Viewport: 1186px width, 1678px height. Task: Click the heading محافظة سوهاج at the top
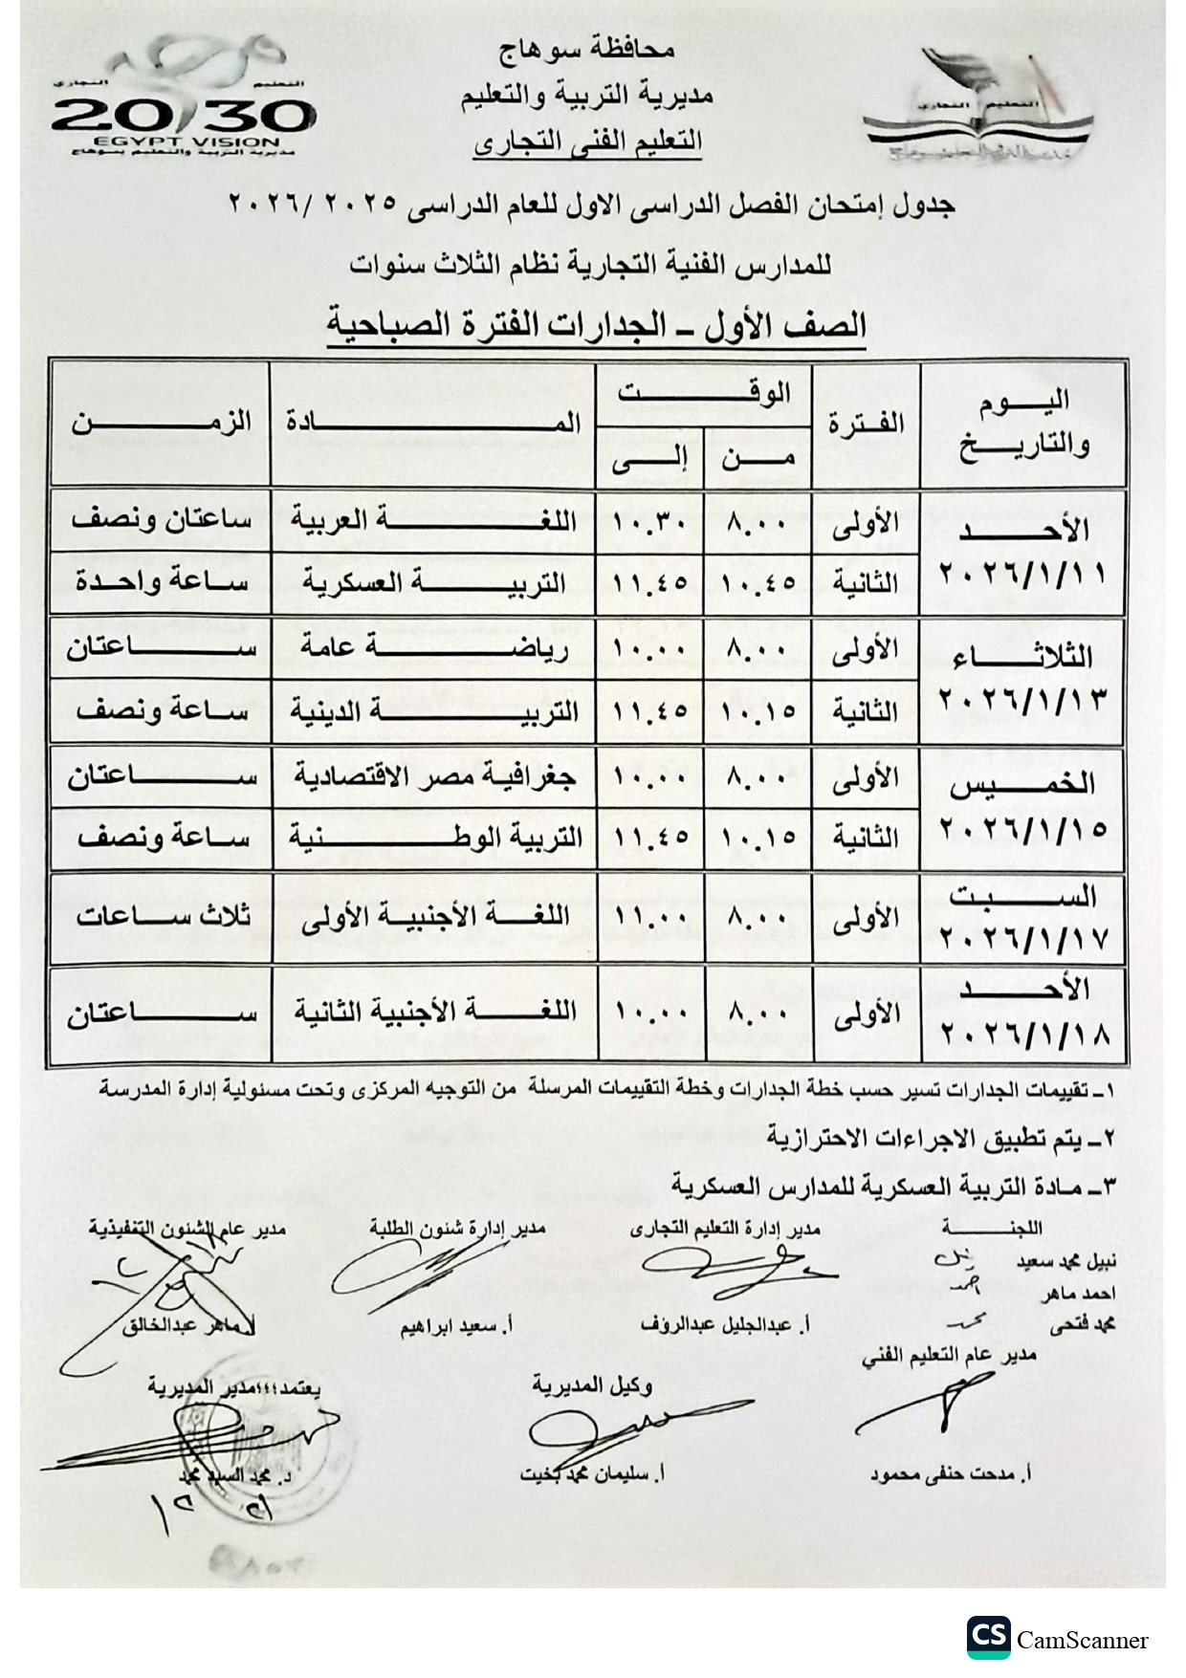pos(587,49)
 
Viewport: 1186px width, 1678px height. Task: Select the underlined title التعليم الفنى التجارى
pos(588,142)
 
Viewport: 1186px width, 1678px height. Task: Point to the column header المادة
pos(433,422)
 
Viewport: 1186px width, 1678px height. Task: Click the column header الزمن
pos(161,422)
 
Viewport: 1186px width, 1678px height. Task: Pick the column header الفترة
pos(866,423)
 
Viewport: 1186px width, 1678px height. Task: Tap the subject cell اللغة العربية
pos(433,521)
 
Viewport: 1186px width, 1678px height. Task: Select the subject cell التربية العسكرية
pos(433,582)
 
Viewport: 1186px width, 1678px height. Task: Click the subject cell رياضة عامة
pos(433,647)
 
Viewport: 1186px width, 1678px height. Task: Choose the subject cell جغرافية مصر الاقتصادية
pos(433,775)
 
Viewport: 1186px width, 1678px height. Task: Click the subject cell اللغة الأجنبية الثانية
pos(433,1011)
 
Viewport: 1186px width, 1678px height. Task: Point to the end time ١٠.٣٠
pos(649,523)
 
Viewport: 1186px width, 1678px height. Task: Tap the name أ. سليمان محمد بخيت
pos(593,1473)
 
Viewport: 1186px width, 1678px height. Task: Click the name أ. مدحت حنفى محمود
pos(950,1473)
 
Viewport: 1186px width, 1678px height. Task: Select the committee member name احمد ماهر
pos(1079,1293)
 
